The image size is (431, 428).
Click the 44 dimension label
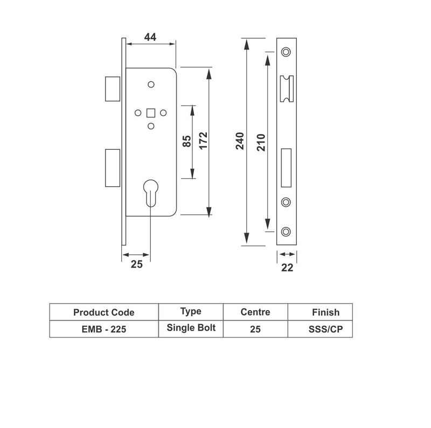pos(150,37)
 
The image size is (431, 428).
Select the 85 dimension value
pos(187,142)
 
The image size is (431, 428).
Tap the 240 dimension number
pos(240,141)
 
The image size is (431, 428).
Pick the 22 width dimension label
pos(287,268)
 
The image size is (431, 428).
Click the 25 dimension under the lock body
pos(136,264)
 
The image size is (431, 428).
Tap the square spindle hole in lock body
pos(151,113)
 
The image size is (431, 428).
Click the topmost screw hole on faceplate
pos(286,52)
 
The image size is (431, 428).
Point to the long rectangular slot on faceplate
pos(287,164)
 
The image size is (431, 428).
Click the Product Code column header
pos(104,312)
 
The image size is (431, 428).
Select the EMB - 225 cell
pos(104,329)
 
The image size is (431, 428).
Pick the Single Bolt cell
pos(191,328)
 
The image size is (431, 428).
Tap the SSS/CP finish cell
pos(321,329)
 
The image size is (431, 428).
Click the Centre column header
pos(255,312)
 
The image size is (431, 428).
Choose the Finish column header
pos(325,312)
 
